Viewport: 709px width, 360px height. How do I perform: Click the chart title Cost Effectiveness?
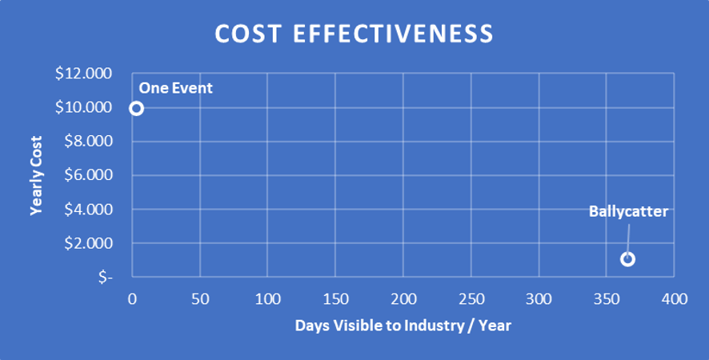[x=354, y=34]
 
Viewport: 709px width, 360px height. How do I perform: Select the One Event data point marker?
[x=136, y=108]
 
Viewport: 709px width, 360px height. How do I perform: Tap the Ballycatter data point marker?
[x=627, y=259]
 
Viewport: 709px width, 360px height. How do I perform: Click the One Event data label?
[x=176, y=88]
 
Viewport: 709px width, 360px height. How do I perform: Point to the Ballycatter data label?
[x=628, y=212]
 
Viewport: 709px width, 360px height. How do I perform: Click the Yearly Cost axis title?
[x=36, y=175]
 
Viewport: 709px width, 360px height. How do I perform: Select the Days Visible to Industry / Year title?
[x=403, y=326]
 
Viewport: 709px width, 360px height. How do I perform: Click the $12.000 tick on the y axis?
[x=84, y=74]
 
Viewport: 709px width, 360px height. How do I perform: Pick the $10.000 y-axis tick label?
[x=84, y=108]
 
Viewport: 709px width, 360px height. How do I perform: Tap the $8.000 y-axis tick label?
[x=87, y=142]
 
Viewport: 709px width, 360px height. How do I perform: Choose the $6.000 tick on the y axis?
[x=87, y=175]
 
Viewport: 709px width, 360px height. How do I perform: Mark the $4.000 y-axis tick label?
[x=87, y=210]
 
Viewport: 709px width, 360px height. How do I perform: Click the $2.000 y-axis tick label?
[x=87, y=243]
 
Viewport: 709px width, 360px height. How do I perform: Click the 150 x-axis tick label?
[x=335, y=299]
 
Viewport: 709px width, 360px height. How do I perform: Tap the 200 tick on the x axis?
[x=403, y=299]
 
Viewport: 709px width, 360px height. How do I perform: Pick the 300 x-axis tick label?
[x=539, y=299]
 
